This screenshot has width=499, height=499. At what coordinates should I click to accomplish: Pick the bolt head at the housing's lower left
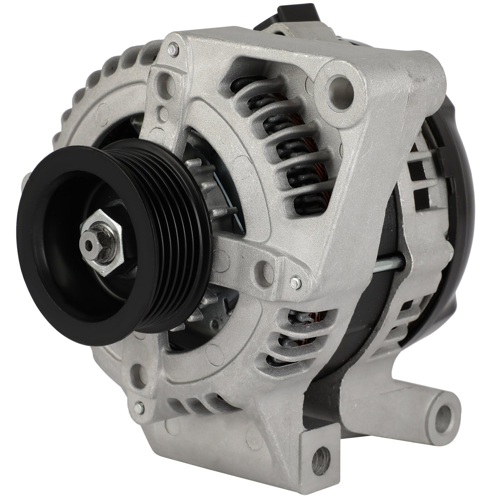139,406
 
